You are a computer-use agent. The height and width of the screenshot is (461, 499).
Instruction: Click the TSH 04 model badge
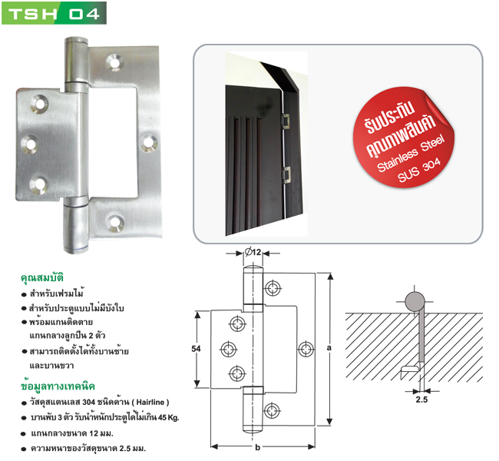point(54,13)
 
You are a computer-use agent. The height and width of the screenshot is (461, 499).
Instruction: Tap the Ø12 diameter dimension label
point(253,252)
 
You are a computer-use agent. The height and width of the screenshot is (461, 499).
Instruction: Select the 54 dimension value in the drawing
point(196,349)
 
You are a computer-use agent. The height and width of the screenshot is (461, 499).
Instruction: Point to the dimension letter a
point(329,348)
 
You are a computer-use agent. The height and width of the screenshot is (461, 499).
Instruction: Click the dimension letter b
point(258,447)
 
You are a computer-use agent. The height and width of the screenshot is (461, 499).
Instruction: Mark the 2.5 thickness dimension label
point(421,400)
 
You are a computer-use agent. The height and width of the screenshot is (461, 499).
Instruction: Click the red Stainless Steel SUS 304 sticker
point(404,138)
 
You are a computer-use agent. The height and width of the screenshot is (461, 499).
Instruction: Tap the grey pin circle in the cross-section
point(415,301)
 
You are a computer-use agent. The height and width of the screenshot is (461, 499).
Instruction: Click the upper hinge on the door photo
point(286,121)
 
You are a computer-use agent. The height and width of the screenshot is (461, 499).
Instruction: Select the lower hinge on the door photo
point(287,175)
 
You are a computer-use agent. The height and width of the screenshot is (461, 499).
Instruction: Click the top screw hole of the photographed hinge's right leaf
point(115,61)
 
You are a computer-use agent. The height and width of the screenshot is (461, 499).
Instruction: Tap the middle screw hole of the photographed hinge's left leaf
point(31,144)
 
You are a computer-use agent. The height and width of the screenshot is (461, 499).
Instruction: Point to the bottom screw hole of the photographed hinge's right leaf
point(115,223)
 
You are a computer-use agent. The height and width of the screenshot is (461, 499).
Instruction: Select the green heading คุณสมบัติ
point(42,277)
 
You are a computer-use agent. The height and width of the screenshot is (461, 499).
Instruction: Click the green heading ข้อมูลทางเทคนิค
point(58,386)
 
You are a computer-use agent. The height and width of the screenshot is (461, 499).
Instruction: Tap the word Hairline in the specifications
point(150,402)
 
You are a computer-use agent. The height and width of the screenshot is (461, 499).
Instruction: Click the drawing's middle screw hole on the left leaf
point(229,349)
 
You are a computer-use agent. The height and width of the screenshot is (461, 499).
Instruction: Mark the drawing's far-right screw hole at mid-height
point(306,349)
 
